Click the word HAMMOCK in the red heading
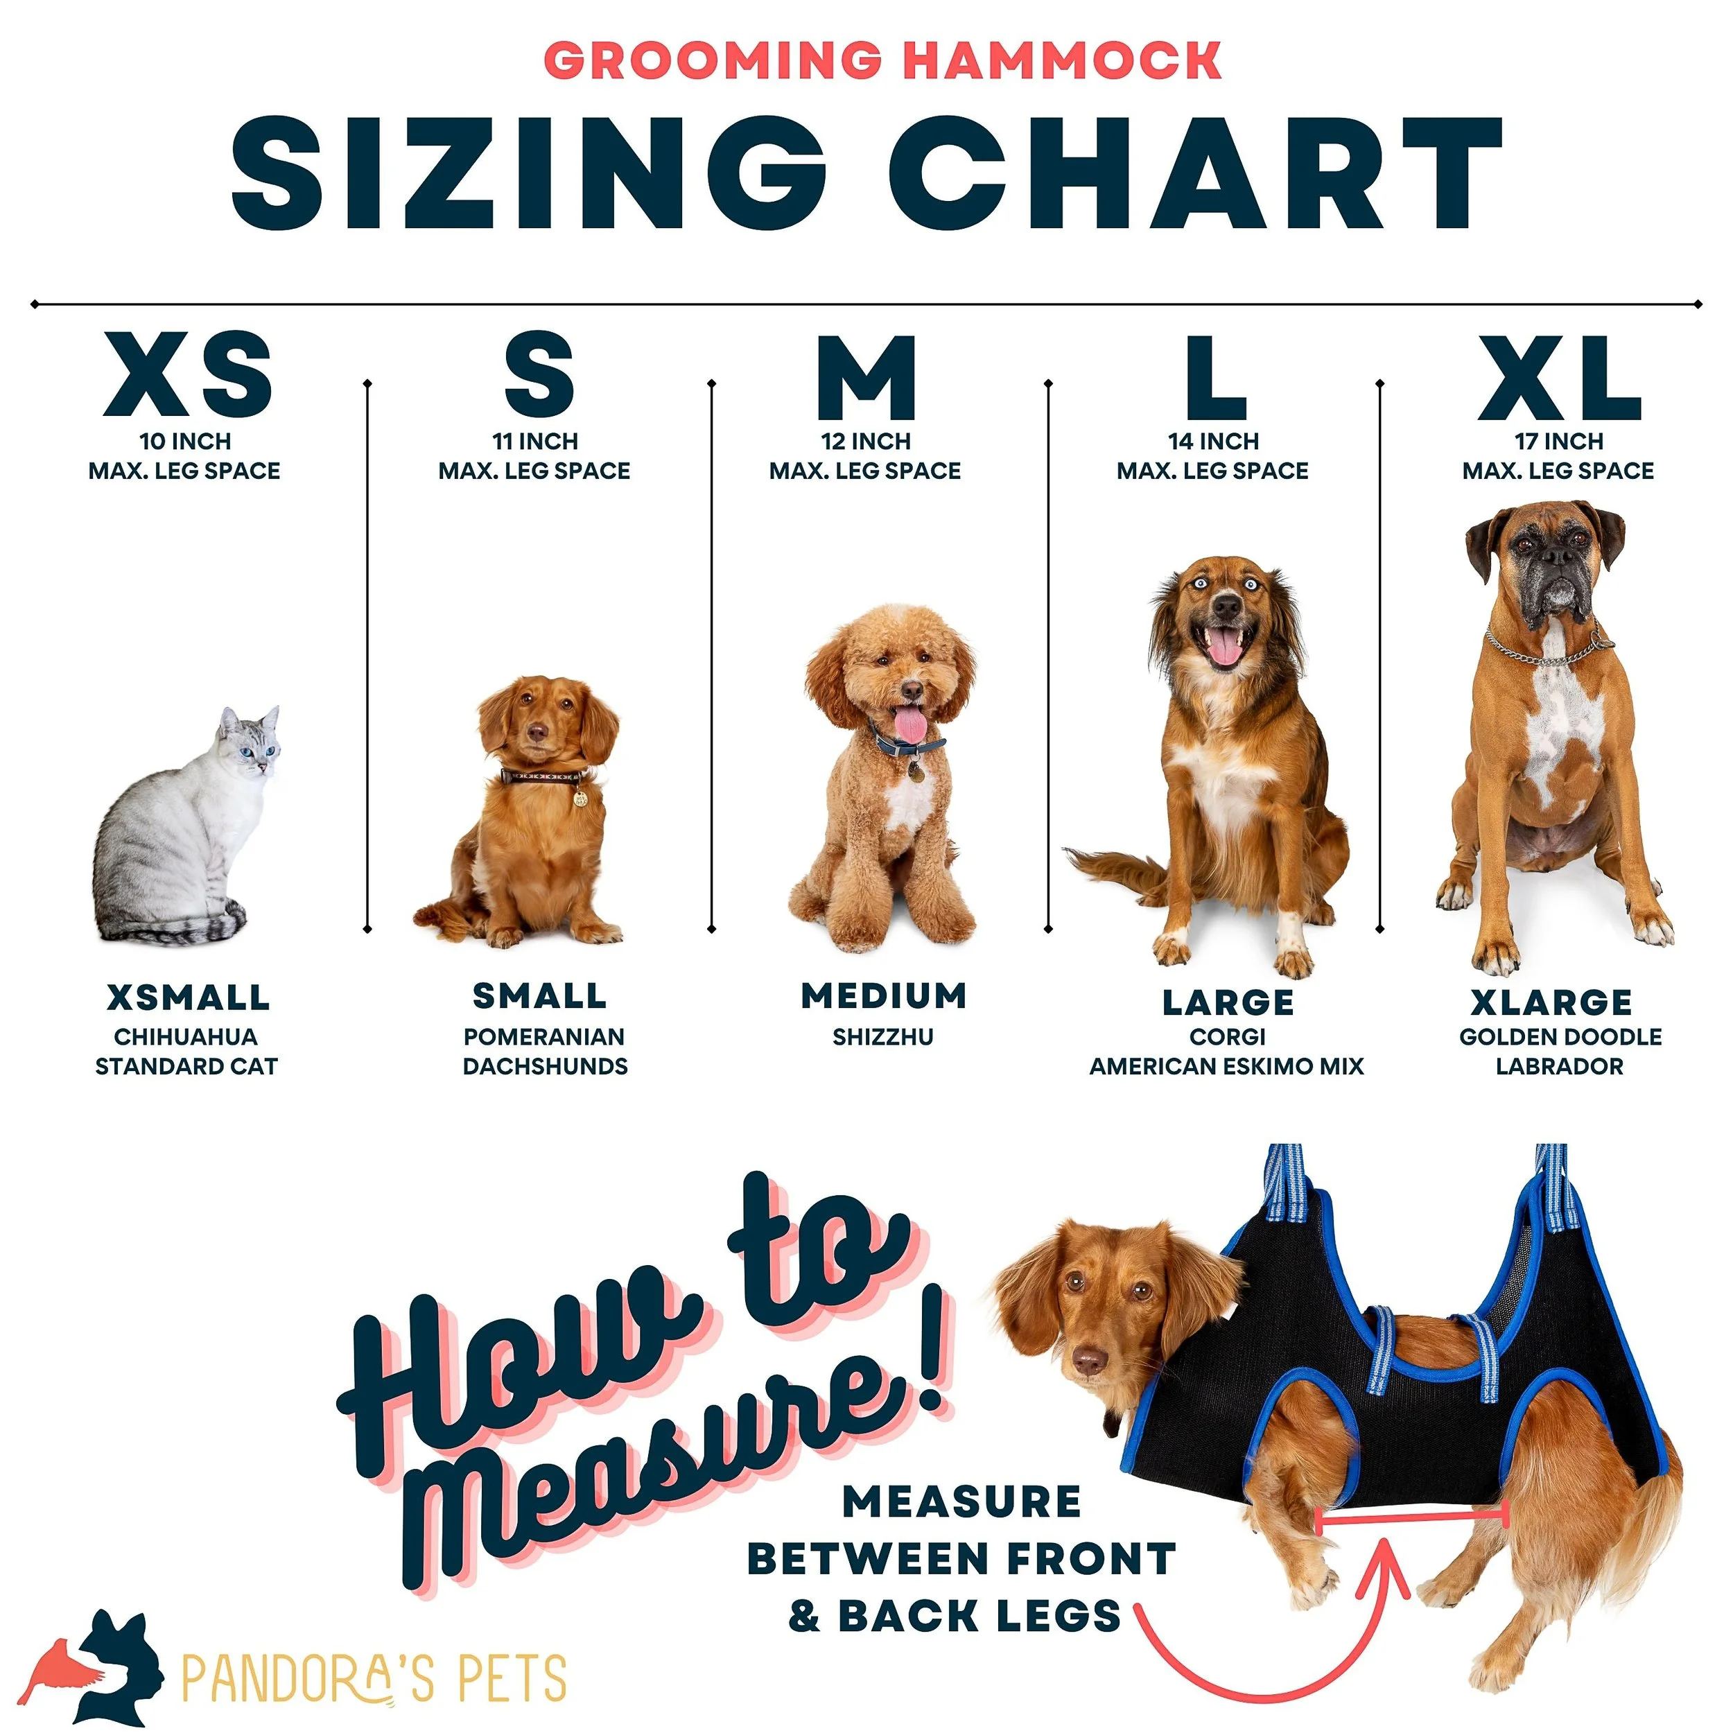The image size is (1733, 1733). point(1062,61)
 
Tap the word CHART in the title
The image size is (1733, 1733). point(1196,173)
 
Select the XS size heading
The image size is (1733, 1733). point(187,374)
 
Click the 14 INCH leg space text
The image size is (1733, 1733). point(1212,442)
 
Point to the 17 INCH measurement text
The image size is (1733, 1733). point(1559,442)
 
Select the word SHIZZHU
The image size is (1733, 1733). point(882,1037)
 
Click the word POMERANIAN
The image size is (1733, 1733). point(543,1037)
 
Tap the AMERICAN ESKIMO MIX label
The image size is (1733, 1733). point(1226,1067)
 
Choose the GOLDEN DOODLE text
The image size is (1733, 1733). point(1560,1037)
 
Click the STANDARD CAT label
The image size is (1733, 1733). point(186,1067)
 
